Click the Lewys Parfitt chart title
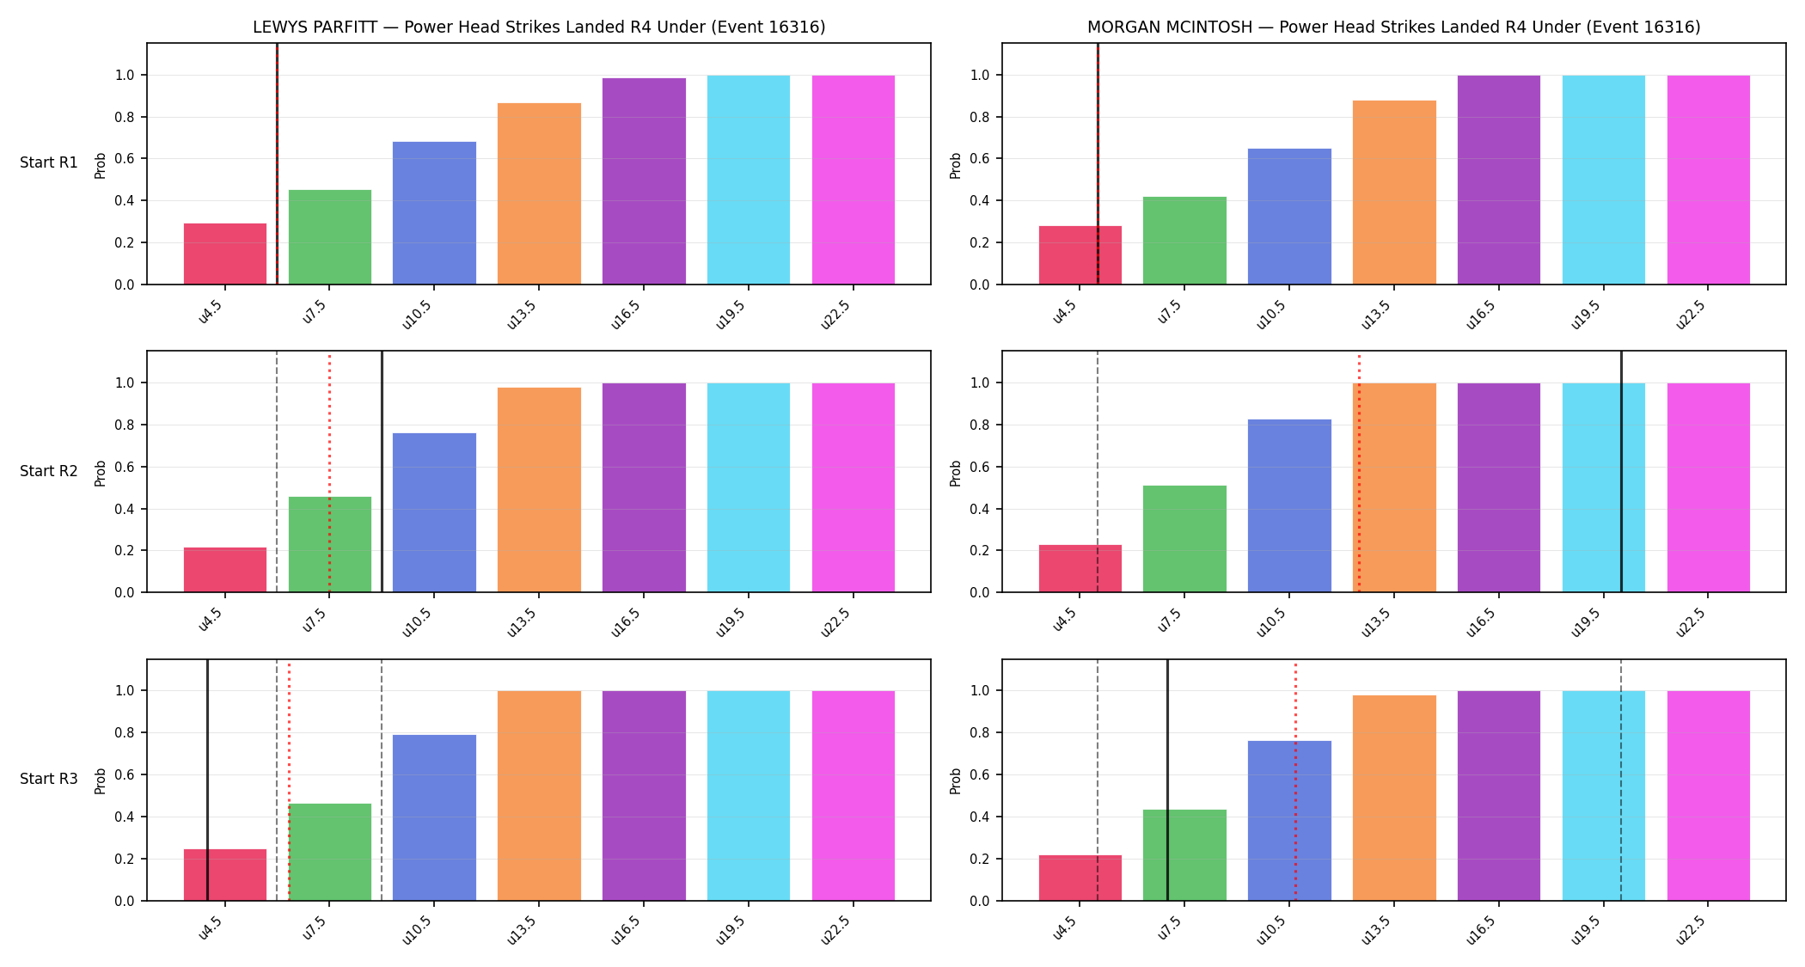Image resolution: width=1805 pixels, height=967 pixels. tap(539, 28)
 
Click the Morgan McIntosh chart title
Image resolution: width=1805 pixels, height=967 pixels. tap(1393, 28)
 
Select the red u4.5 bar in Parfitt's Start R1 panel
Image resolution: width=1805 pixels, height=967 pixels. tap(225, 254)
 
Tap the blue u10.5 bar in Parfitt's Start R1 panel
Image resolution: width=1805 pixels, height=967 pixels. tap(434, 213)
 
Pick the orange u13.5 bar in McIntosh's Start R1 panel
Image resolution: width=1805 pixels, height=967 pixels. tap(1394, 193)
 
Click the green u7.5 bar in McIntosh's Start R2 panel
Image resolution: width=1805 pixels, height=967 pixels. tap(1184, 539)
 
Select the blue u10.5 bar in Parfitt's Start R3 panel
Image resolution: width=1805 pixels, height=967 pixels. tap(434, 817)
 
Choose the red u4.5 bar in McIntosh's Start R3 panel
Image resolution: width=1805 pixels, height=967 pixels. tap(1080, 878)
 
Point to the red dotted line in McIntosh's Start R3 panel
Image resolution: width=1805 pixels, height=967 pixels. tap(1295, 780)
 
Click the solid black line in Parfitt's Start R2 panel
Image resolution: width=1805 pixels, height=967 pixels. tap(382, 472)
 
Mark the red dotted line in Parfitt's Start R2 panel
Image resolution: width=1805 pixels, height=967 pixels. tap(329, 472)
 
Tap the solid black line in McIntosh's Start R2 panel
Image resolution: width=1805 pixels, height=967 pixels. tap(1621, 472)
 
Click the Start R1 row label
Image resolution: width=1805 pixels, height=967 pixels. tap(49, 163)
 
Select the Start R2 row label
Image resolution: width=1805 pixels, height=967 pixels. tap(49, 471)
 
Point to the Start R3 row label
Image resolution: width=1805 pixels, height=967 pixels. tap(49, 779)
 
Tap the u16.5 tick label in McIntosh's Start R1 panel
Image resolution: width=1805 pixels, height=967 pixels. tap(1481, 314)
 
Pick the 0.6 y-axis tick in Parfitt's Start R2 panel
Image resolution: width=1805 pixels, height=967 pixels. tap(125, 467)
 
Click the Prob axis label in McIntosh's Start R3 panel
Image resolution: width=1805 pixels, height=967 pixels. tap(956, 780)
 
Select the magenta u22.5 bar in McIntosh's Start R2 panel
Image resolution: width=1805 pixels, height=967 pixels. tap(1709, 487)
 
